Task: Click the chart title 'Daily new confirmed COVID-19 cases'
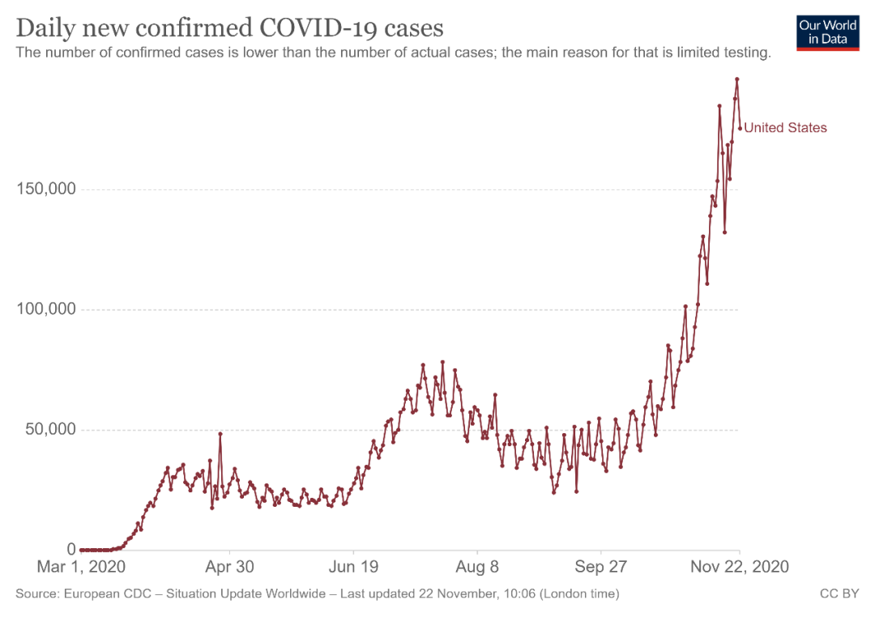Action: tap(229, 28)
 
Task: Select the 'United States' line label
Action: tap(785, 128)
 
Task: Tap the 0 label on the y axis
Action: tap(71, 549)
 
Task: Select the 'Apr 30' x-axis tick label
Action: tap(229, 566)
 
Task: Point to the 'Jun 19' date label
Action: tap(353, 566)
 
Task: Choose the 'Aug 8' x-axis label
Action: tap(477, 566)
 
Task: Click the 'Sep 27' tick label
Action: tap(600, 566)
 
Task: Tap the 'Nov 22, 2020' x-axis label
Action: tap(740, 566)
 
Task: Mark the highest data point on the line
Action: tap(736, 79)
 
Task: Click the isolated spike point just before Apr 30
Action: tap(220, 434)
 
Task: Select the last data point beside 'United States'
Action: tap(740, 128)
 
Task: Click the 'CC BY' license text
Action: tap(839, 594)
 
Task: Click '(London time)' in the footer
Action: tap(579, 594)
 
